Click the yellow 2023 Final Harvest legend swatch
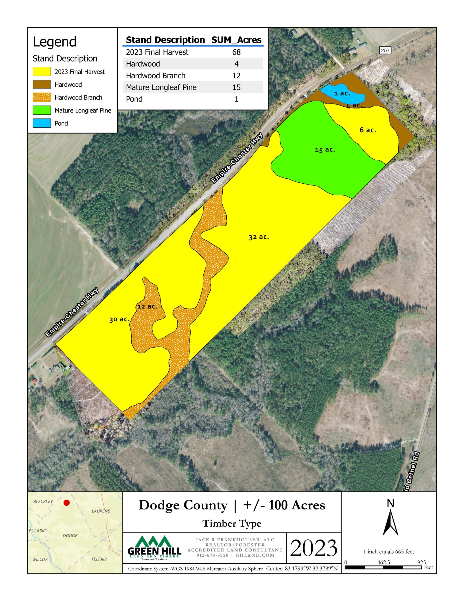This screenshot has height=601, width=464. point(42,72)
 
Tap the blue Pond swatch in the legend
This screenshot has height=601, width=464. point(42,123)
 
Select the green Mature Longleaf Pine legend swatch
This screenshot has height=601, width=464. point(42,110)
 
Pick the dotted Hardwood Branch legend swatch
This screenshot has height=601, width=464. point(42,97)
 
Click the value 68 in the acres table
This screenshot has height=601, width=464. point(236,52)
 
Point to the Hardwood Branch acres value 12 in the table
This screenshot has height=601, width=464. point(236,75)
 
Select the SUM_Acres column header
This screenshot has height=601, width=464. point(236,40)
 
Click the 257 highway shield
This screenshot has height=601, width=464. point(385,50)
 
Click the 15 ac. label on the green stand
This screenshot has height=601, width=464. point(325,150)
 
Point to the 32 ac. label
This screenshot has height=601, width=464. point(259,237)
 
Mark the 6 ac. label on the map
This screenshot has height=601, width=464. point(368,130)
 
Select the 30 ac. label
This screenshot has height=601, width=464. point(119,320)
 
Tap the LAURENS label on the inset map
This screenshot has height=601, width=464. point(101,511)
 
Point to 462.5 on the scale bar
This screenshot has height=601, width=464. point(383,562)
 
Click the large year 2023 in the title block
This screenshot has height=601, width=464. point(314,548)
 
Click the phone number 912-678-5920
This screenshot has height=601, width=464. point(212,555)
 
